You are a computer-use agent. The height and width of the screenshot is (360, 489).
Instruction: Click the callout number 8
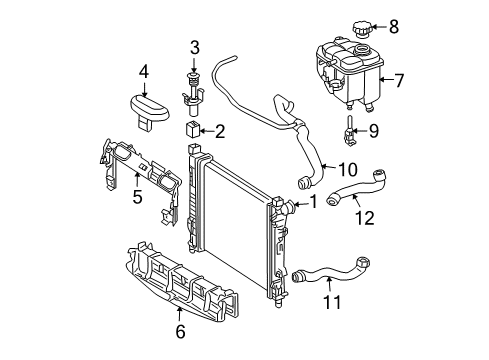coord(394,27)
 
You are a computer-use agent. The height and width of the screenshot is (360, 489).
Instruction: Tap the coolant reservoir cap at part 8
coord(361,29)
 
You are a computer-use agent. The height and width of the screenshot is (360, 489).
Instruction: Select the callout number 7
coord(398,80)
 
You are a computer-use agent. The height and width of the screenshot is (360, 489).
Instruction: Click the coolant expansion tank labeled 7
coord(349,74)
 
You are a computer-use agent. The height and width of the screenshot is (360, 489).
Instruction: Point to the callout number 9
coord(373,131)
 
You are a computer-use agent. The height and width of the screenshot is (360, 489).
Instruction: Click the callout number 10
coord(348,170)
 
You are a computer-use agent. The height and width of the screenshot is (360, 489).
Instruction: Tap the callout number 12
coord(365,218)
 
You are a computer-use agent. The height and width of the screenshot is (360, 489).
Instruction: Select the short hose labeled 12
coord(357,188)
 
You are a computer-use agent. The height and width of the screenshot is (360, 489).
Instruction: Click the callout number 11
coord(332,302)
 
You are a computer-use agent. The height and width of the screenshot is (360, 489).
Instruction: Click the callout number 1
coord(313,202)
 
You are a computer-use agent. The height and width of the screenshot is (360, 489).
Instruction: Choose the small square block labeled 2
coord(192,129)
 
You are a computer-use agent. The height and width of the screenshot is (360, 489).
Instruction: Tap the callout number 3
coord(195,48)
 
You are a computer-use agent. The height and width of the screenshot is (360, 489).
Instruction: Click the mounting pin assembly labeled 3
coord(193,93)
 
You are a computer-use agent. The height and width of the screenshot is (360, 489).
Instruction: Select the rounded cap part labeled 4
coord(148,110)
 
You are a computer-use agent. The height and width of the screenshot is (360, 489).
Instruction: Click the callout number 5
coord(137,197)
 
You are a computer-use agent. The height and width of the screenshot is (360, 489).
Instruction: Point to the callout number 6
coord(180,332)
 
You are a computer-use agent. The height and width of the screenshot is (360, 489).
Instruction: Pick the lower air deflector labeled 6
coord(182,282)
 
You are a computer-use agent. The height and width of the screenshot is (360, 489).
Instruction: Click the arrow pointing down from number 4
coord(144,89)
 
